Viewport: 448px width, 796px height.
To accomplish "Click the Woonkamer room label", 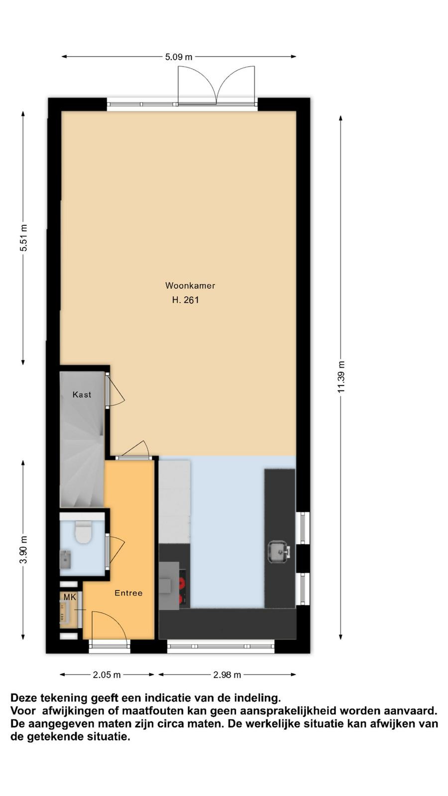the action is click(190, 286).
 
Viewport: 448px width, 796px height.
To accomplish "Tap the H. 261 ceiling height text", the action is click(185, 300).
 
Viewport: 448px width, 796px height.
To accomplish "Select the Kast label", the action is click(82, 395).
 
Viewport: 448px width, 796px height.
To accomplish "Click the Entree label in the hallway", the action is click(128, 593).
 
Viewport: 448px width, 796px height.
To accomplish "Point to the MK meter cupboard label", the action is click(70, 597).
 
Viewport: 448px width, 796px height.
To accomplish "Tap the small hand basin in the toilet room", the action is click(65, 559).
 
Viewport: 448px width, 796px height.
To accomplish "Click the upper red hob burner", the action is click(182, 583).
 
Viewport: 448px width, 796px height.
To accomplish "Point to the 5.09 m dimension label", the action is click(179, 57).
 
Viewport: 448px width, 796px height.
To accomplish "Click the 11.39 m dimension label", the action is click(341, 377).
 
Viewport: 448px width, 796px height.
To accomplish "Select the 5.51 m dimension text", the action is click(23, 238).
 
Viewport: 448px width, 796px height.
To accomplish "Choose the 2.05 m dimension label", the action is click(107, 675).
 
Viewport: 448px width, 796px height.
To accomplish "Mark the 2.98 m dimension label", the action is click(227, 675).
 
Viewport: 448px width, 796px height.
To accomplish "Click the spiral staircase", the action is click(82, 458).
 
